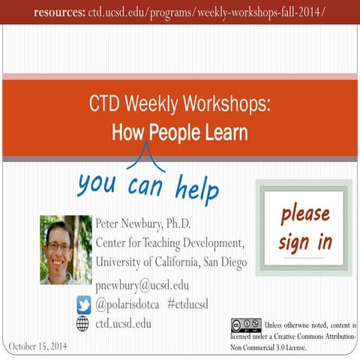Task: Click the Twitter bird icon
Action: tap(83, 304)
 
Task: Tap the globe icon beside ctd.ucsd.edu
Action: tap(83, 323)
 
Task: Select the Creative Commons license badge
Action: tap(245, 325)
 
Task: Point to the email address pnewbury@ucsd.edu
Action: tap(142, 285)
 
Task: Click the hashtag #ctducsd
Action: tap(187, 304)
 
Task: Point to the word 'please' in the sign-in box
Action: tap(304, 214)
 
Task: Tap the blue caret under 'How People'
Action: tap(145, 156)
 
